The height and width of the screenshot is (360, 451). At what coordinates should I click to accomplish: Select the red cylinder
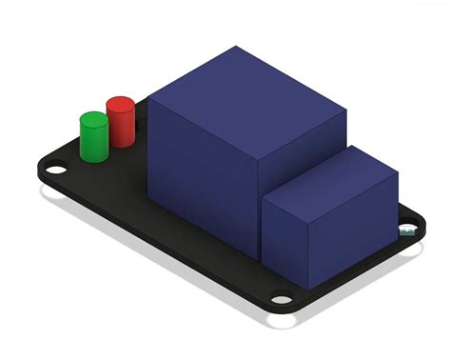pyautogui.click(x=121, y=124)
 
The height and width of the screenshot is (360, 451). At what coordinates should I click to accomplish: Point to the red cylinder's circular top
pyautogui.click(x=121, y=104)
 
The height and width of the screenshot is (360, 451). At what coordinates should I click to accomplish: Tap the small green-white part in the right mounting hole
pyautogui.click(x=407, y=230)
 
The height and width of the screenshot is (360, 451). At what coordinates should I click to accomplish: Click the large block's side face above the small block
pyautogui.click(x=304, y=152)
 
